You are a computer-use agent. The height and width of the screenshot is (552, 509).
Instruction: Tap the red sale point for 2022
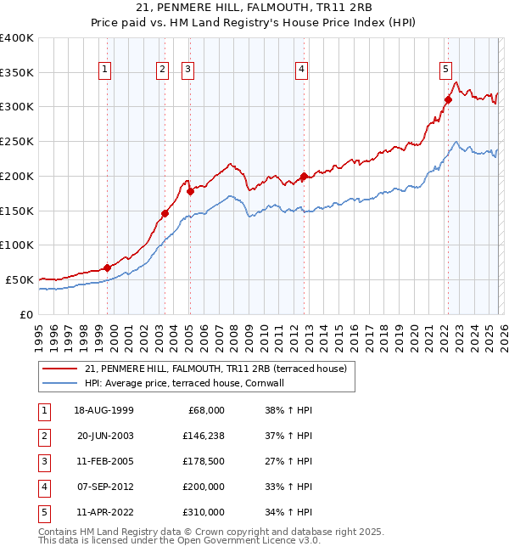click(448, 99)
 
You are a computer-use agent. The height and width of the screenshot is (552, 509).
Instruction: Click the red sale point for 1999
click(108, 268)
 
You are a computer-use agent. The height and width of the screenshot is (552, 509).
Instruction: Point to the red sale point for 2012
click(304, 177)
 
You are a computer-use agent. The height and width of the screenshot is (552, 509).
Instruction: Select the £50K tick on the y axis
click(20, 279)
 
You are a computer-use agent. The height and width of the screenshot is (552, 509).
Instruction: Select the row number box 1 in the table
click(43, 410)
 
